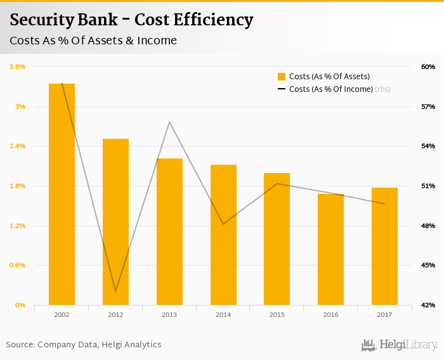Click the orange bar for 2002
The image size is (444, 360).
click(62, 194)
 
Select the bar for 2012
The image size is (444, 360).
click(115, 222)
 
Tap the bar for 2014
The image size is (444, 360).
click(223, 235)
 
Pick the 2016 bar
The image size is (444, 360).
click(330, 249)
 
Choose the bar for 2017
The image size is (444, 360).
click(384, 246)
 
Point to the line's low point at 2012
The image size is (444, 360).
click(115, 291)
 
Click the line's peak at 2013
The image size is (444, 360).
click(169, 122)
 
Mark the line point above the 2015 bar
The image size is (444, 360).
click(277, 184)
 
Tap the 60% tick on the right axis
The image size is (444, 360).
click(428, 67)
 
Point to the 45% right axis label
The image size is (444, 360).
click(428, 266)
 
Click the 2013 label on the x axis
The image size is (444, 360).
click(169, 314)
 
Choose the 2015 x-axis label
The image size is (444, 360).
click(277, 314)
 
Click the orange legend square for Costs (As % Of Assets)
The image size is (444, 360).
click(282, 77)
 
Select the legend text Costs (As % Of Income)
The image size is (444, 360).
click(330, 89)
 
